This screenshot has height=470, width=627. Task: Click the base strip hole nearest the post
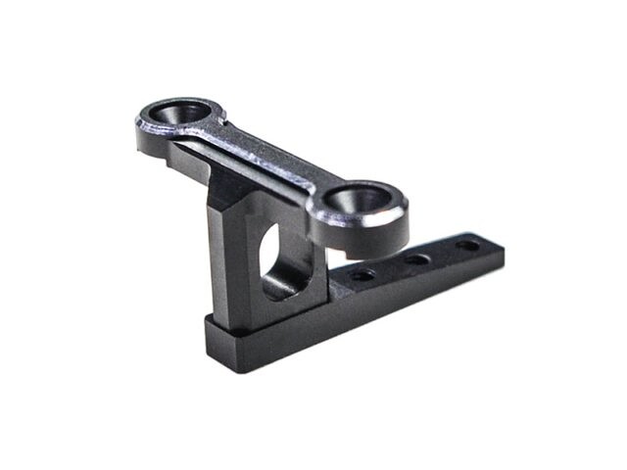pyautogui.click(x=362, y=275)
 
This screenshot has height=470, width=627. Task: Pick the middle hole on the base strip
pyautogui.click(x=415, y=260)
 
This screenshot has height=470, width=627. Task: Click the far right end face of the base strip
pyautogui.click(x=502, y=257)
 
